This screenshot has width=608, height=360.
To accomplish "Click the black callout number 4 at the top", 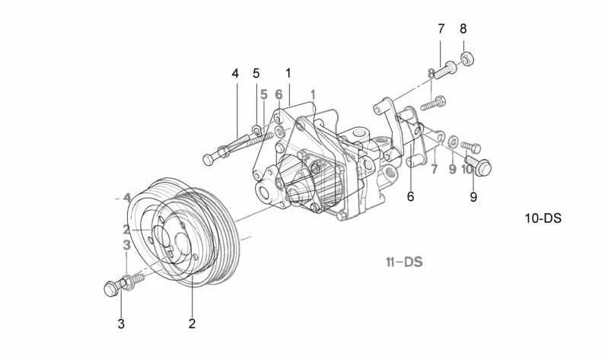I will click(x=235, y=74).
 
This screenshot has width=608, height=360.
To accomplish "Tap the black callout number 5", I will click(x=256, y=74).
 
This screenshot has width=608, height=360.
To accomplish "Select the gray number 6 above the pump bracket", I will click(x=279, y=95).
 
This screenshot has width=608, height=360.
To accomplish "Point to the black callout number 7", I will click(x=441, y=30).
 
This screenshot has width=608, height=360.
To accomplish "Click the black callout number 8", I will click(x=463, y=30).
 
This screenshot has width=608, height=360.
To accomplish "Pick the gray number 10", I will click(x=467, y=169).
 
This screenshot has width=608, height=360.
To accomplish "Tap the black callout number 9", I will click(x=473, y=196).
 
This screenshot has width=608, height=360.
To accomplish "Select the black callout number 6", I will click(x=411, y=196).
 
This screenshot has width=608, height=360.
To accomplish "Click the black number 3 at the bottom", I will click(x=120, y=323).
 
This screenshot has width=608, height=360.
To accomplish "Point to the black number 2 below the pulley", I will click(x=192, y=323).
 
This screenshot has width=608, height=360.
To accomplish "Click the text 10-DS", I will click(x=543, y=218).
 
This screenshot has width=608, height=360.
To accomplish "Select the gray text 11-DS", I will click(x=403, y=263).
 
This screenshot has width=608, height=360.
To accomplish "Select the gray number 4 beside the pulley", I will click(x=126, y=197).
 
